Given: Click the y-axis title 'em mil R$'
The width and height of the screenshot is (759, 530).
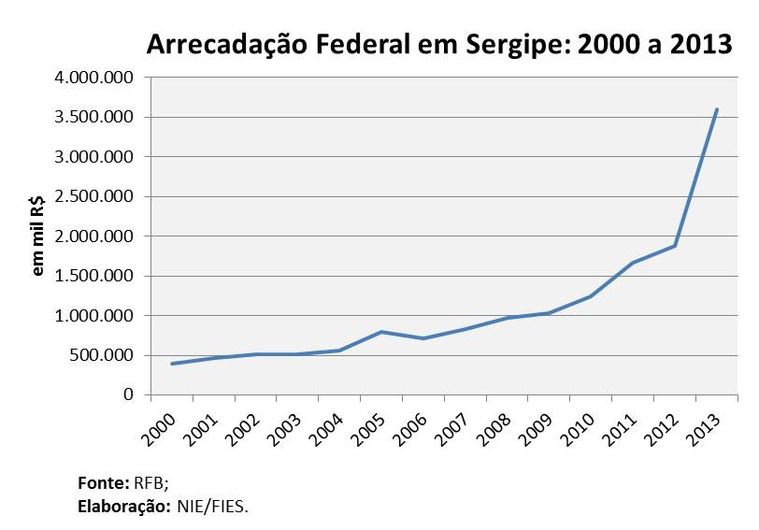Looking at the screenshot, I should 39,237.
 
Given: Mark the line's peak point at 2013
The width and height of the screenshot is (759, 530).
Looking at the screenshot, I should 717,109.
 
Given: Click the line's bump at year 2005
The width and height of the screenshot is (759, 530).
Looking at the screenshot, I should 380,332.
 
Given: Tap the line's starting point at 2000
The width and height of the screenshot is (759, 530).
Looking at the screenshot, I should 171,364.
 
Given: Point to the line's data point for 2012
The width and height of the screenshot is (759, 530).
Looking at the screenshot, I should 675,246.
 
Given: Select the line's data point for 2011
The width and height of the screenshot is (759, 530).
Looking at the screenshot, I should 633,263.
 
